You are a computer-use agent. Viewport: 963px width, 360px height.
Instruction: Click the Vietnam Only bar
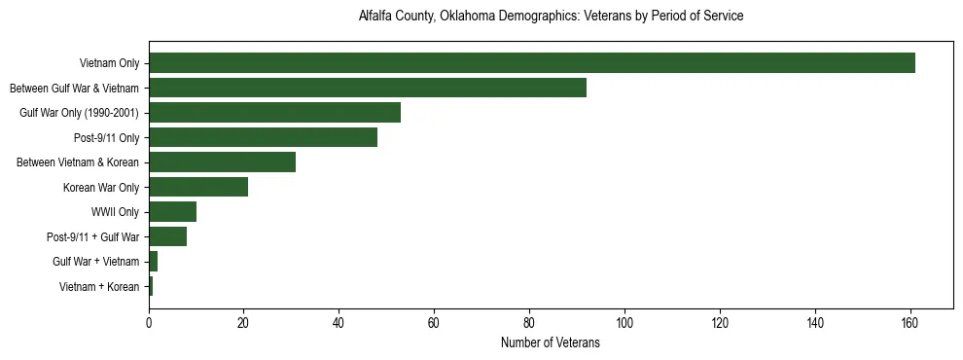(x=531, y=63)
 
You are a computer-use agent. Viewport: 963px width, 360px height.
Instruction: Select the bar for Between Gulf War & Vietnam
(x=368, y=88)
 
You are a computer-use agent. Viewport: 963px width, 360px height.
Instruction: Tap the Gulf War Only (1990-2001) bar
(x=274, y=113)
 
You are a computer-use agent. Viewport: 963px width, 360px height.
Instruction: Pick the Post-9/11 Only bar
(x=263, y=137)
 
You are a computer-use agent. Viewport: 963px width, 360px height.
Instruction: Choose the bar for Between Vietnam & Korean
(x=222, y=162)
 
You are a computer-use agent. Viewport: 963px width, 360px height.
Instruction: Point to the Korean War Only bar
(x=198, y=187)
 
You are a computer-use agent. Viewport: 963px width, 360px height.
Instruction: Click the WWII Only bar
(x=172, y=212)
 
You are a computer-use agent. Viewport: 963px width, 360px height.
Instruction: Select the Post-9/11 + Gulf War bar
(x=167, y=236)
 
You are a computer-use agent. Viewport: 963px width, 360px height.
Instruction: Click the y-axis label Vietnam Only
(x=110, y=64)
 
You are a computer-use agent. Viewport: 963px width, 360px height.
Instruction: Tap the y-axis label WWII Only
(x=115, y=212)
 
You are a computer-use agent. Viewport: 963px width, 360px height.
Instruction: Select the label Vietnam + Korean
(x=99, y=287)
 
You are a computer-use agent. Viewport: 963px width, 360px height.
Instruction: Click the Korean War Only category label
(x=101, y=188)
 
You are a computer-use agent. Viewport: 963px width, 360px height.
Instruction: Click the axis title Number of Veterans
(x=550, y=343)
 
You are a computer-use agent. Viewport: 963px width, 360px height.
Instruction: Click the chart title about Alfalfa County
(x=551, y=17)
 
